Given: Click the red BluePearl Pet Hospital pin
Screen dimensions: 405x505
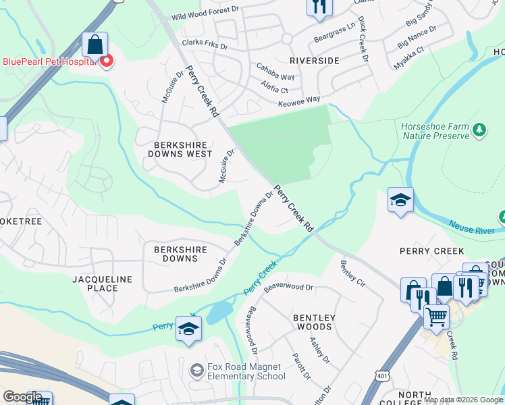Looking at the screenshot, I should coord(106,61).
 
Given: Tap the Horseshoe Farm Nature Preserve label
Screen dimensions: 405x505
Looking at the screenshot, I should coord(435,131).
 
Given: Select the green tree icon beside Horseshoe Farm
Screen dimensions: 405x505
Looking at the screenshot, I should coord(479,129).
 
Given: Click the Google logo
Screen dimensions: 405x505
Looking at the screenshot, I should coord(22,397).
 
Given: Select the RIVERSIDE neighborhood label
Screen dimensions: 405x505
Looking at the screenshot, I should coord(314,61).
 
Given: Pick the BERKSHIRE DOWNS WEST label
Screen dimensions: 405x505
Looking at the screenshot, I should coord(175,149).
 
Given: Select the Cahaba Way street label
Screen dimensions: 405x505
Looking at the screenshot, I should coord(275,72).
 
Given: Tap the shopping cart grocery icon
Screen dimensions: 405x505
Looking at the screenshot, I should coord(436,315).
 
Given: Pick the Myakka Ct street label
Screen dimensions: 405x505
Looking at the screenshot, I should coord(410,59).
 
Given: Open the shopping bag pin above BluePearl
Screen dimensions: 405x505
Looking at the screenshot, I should coord(95,45).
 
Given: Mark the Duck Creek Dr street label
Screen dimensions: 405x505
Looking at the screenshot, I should coord(363,40).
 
